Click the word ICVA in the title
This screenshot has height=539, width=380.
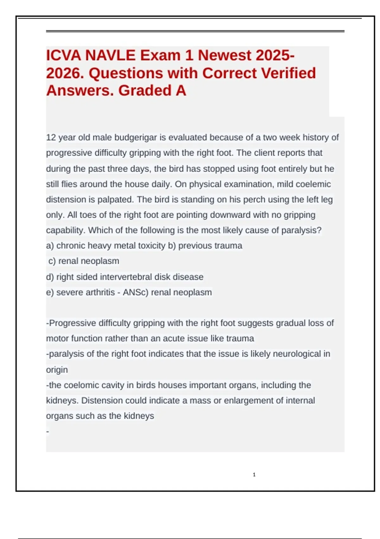[63, 55]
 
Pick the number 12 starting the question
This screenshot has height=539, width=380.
[51, 138]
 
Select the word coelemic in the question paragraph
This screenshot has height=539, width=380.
[312, 184]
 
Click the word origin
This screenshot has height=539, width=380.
[57, 370]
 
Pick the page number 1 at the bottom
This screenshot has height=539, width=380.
[254, 475]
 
